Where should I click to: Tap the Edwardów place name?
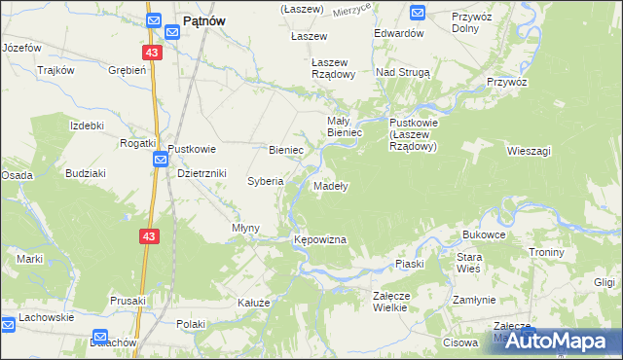[400, 32]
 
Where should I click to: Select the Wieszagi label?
[530, 151]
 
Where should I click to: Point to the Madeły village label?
[331, 185]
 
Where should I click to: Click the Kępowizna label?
[320, 238]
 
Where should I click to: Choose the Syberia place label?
[265, 181]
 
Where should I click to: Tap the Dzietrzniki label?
[202, 173]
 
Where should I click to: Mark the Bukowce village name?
[484, 234]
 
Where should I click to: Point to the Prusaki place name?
[128, 300]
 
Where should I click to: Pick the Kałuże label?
[253, 303]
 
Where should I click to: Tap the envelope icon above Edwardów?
[418, 13]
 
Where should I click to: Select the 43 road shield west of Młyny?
[148, 236]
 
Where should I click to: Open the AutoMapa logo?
[551, 341]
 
